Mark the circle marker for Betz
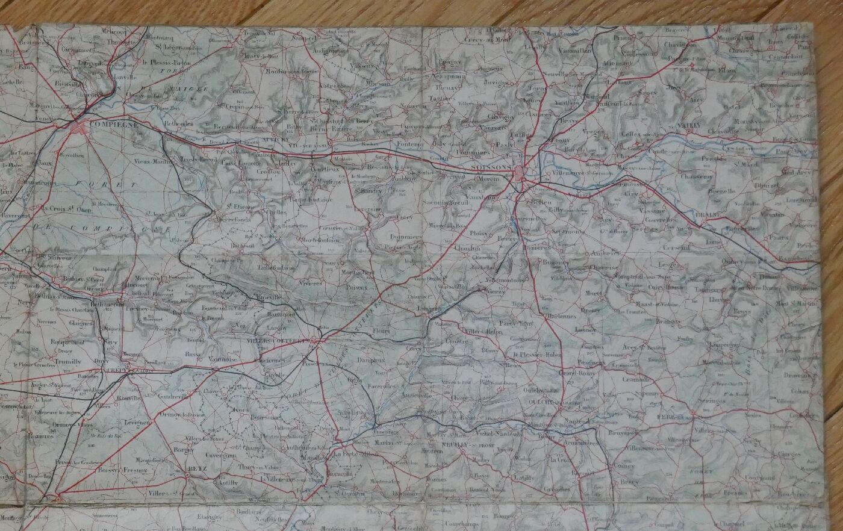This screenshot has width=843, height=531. (x=187, y=474)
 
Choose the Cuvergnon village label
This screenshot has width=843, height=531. (x=219, y=456)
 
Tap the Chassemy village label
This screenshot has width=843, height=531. (x=698, y=176)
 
